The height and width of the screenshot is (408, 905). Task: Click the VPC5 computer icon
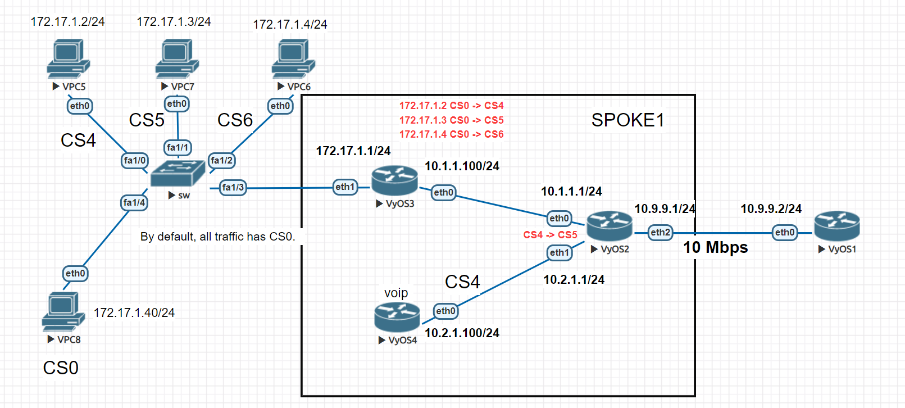click(68, 59)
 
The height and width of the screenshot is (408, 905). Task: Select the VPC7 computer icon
click(177, 59)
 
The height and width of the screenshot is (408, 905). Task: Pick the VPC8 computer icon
click(63, 312)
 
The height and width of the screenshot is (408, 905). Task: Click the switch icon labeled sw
click(178, 173)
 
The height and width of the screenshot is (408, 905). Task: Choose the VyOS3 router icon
click(394, 180)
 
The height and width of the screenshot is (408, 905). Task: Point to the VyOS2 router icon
click(610, 226)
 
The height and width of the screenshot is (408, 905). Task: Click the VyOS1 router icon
click(837, 226)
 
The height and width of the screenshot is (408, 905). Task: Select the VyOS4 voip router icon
click(397, 317)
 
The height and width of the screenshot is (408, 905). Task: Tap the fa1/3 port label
click(233, 187)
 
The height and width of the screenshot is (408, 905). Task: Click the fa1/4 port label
click(134, 202)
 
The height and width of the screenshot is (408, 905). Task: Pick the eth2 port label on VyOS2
click(661, 232)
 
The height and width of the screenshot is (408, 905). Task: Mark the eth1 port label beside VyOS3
click(345, 187)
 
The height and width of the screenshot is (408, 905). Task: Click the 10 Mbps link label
click(715, 247)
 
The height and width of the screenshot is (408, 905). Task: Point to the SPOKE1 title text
click(627, 120)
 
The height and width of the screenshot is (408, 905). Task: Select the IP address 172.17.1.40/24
click(134, 313)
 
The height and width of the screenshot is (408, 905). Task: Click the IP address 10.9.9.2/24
click(771, 209)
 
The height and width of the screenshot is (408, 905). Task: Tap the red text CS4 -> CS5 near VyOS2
click(550, 235)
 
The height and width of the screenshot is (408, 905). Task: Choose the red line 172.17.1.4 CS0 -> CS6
click(451, 134)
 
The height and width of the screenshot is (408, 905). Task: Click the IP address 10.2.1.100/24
click(462, 333)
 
